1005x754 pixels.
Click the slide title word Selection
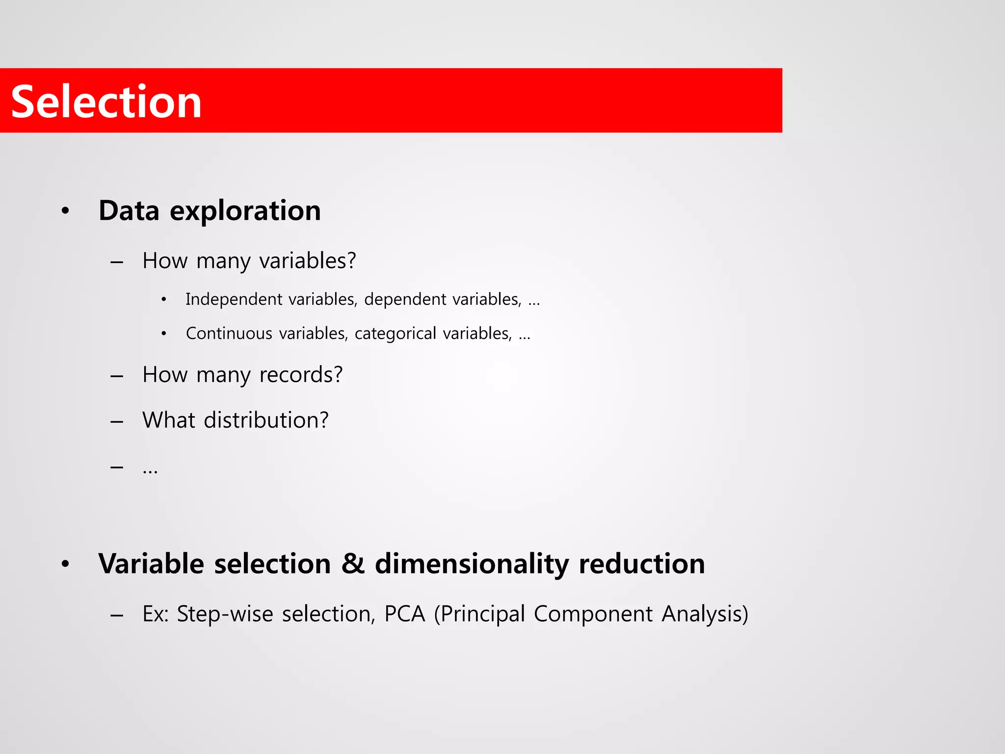point(106,102)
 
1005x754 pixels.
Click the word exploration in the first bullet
point(245,211)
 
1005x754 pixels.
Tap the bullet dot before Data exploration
point(65,212)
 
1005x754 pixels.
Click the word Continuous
point(229,333)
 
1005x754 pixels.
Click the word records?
point(301,375)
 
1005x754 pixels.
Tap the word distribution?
point(266,420)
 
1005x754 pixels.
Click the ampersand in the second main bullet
point(353,563)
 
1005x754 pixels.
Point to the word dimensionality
point(472,564)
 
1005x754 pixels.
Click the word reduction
point(642,564)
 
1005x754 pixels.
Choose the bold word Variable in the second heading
point(151,564)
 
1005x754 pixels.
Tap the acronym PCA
point(404,614)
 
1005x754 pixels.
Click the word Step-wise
point(225,614)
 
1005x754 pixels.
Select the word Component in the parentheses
point(593,614)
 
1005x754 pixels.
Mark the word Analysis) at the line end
point(705,614)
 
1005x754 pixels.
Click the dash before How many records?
point(117,377)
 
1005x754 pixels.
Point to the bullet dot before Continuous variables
point(164,334)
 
